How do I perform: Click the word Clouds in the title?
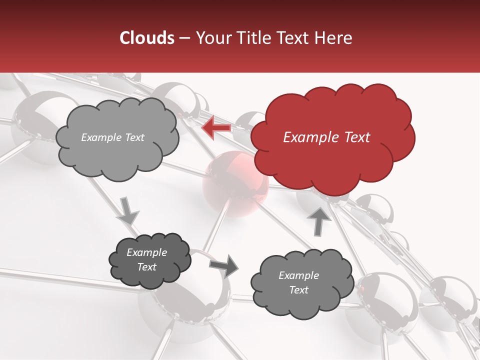tap(147, 38)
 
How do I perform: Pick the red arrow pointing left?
tap(216, 128)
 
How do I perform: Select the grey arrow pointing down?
tap(128, 210)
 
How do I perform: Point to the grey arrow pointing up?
tap(319, 220)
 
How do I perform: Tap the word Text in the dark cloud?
tap(147, 267)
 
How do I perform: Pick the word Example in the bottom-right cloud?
tap(298, 275)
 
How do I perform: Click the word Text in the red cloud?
tap(357, 137)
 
